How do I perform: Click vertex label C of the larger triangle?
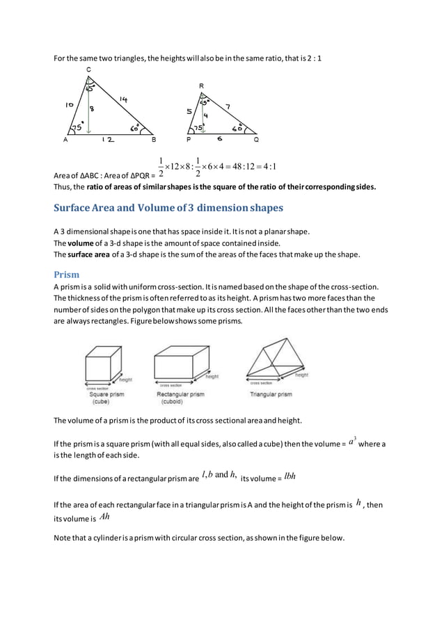(x=88, y=70)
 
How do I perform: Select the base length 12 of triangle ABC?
(x=107, y=140)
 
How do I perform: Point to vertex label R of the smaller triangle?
(x=200, y=85)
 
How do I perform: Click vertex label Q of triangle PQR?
(x=256, y=139)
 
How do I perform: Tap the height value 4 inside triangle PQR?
(x=205, y=115)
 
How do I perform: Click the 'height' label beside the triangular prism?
(x=301, y=375)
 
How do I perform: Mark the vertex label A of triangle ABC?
(x=65, y=138)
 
